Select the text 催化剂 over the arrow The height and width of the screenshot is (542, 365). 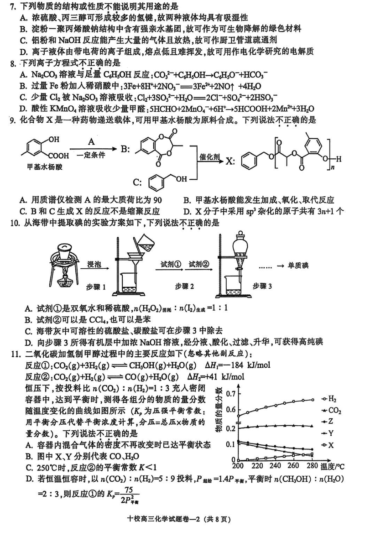coord(209,156)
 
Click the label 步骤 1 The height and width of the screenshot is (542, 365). coord(96,287)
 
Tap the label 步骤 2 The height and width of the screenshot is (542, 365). coord(185,286)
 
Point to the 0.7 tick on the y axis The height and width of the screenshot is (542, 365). coord(229,394)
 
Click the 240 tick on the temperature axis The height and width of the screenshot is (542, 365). coord(275,466)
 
